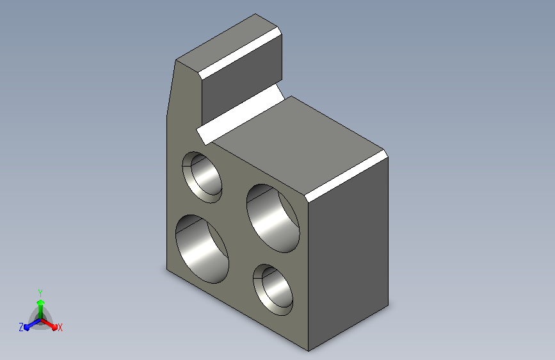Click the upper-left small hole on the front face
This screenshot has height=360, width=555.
(x=202, y=177)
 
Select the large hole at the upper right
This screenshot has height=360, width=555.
(x=273, y=218)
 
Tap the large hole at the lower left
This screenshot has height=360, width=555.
(x=202, y=249)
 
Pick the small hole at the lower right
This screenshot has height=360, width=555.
(x=273, y=290)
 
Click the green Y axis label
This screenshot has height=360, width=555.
(x=40, y=293)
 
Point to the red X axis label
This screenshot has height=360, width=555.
(x=60, y=328)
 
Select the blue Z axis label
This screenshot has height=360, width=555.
(x=21, y=327)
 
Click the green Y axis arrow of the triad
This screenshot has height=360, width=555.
(x=41, y=309)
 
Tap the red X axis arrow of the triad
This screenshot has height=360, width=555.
(x=49, y=324)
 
